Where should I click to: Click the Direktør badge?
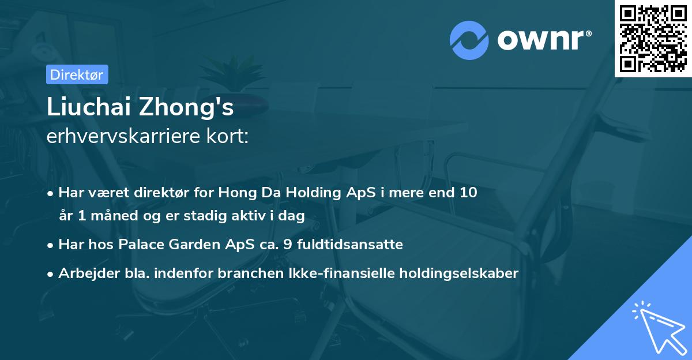click(77, 74)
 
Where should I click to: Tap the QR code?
click(653, 39)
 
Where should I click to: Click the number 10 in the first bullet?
click(468, 193)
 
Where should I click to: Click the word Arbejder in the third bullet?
click(84, 273)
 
